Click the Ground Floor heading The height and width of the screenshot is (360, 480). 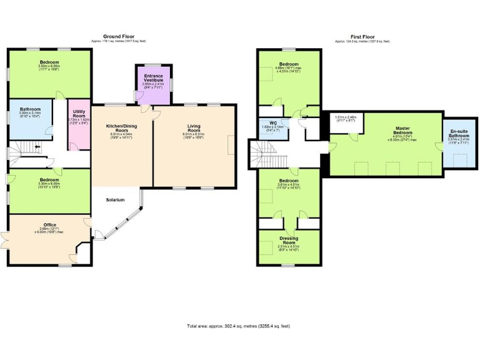point(118,37)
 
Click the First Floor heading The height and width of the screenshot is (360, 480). point(362,37)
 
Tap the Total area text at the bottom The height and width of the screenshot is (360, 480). point(238,326)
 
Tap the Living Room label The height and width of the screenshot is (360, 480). point(194,127)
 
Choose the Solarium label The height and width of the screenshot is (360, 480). point(116,200)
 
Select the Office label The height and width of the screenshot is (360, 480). point(49,224)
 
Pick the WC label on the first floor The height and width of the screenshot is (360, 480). point(273,122)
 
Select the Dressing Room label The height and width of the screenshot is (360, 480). point(289,241)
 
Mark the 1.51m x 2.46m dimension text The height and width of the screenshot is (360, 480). point(345,117)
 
